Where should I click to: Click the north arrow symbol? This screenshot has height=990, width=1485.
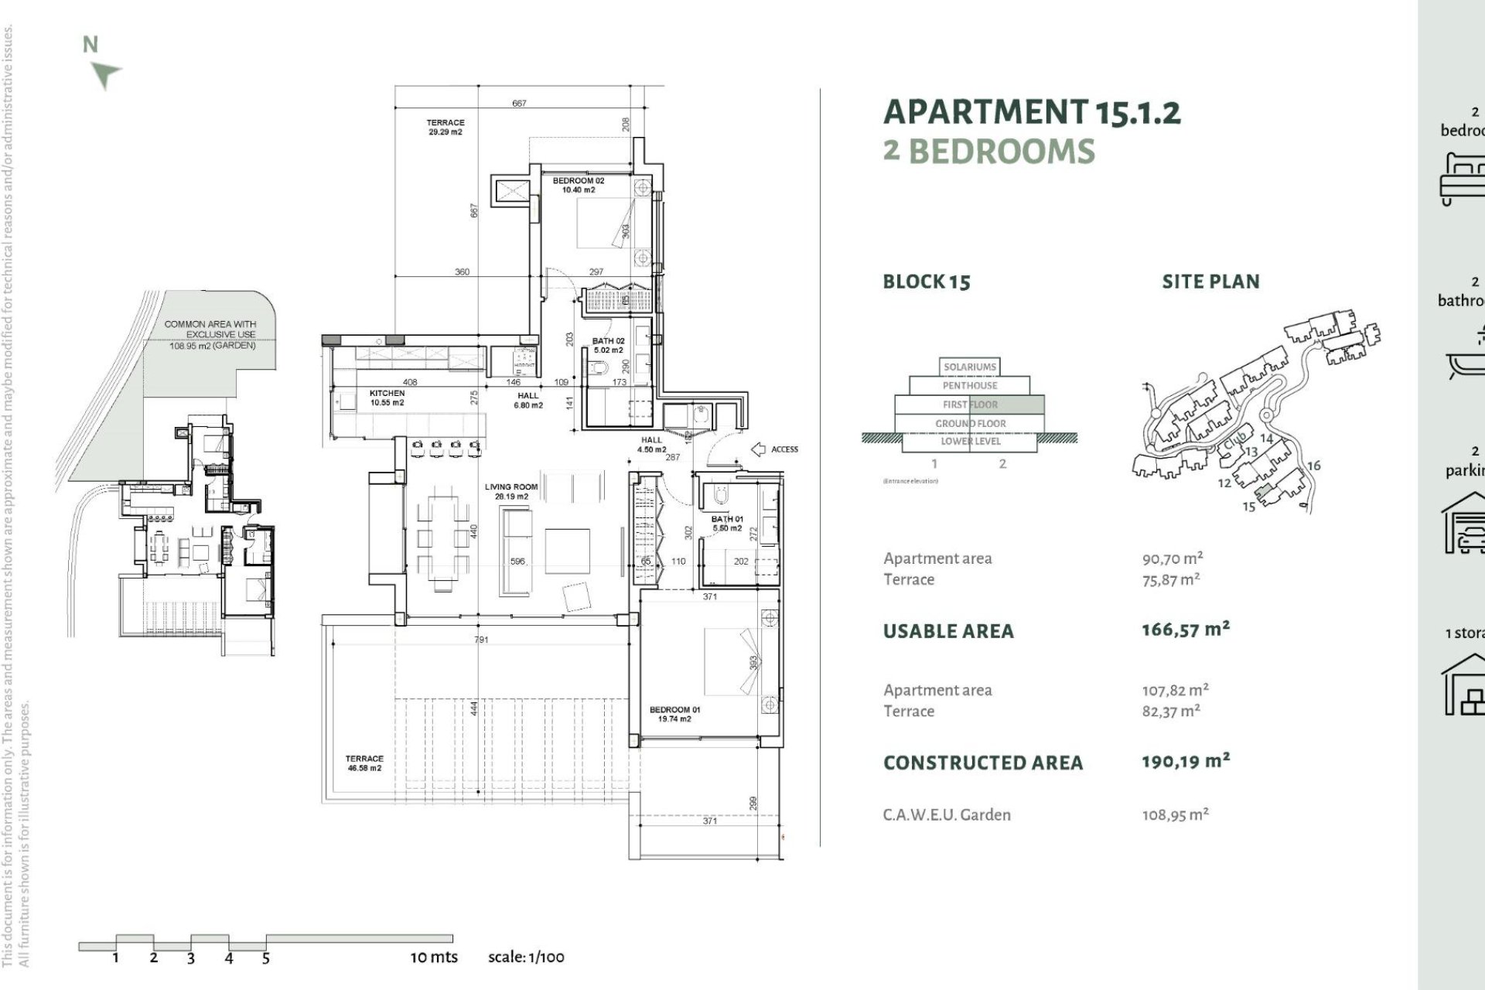click(x=104, y=75)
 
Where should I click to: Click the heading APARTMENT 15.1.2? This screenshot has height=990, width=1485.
click(x=1031, y=113)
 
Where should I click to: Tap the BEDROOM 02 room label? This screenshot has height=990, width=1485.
click(x=578, y=185)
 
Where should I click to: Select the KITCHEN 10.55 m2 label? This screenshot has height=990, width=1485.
click(x=387, y=398)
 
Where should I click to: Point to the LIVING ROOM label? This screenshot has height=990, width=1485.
click(x=511, y=491)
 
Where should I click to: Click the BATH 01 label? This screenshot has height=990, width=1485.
click(x=727, y=523)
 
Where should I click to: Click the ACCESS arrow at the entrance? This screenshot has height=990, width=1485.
click(x=758, y=449)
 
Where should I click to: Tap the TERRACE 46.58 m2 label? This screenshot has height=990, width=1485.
click(x=364, y=763)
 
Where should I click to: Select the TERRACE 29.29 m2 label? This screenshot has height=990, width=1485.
click(x=445, y=127)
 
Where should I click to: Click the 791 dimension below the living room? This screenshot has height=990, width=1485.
click(x=481, y=640)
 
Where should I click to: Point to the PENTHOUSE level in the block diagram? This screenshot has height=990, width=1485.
click(x=970, y=385)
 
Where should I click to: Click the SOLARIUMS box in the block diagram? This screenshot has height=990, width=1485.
click(x=970, y=367)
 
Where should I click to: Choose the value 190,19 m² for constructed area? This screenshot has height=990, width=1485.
click(x=1185, y=761)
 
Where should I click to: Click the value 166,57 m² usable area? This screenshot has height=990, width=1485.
click(x=1185, y=630)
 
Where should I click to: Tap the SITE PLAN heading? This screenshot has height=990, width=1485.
click(x=1210, y=282)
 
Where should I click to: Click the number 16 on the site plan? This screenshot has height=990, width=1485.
click(x=1313, y=466)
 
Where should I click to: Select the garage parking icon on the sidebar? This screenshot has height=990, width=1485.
click(x=1464, y=525)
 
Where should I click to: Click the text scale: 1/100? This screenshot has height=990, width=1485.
click(x=526, y=957)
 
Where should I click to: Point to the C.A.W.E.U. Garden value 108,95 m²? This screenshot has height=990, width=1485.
click(x=1175, y=814)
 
